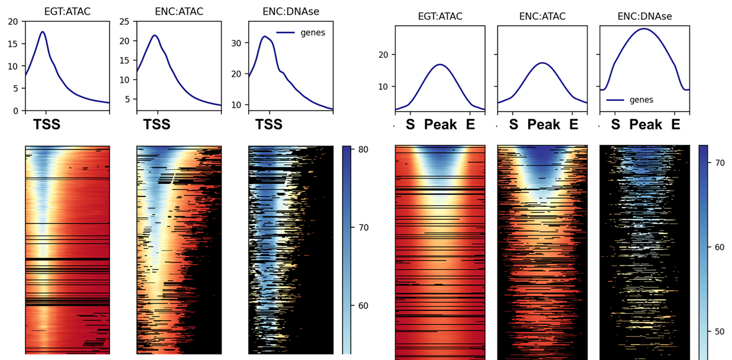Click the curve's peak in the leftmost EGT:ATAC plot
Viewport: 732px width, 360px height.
pos(43,32)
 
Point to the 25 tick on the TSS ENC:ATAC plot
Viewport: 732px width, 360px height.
pos(125,21)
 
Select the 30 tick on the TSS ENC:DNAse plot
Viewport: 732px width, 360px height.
pos(237,43)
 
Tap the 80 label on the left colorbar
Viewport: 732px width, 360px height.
pos(363,150)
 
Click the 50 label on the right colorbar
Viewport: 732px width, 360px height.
pos(719,332)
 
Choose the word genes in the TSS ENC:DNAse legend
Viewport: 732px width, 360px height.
pos(313,33)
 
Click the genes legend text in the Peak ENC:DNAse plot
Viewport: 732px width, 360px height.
pos(641,100)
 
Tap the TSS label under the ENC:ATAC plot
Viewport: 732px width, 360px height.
pos(157,125)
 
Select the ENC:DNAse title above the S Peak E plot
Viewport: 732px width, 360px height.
pos(644,17)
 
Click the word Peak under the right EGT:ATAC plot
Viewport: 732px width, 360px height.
pos(440,125)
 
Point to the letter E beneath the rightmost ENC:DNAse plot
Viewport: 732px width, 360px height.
pos(676,125)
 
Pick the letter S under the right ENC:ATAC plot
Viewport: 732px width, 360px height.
pos(513,125)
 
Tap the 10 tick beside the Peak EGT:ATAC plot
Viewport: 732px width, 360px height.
pos(382,86)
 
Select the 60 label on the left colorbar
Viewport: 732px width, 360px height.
pos(363,306)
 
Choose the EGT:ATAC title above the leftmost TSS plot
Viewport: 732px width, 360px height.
pos(67,11)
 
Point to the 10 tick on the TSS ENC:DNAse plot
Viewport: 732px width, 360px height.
pos(237,105)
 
